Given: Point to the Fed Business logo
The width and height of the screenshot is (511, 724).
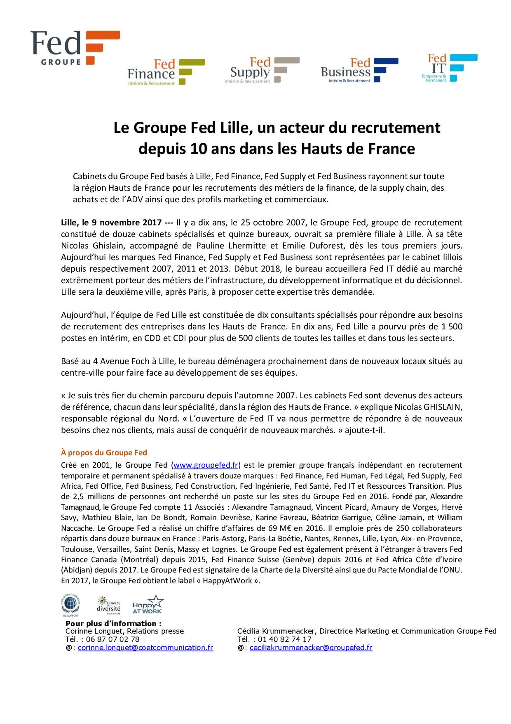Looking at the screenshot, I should point(359,70).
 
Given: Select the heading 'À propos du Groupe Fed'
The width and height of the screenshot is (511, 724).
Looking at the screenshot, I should point(104,453).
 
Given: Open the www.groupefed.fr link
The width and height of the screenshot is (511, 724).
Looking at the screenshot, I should point(206,465).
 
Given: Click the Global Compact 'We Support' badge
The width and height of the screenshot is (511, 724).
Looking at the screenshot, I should point(70,605).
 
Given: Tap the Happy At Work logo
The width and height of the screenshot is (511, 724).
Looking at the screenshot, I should point(147,605).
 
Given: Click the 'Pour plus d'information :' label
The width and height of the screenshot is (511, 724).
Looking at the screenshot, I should point(113,623).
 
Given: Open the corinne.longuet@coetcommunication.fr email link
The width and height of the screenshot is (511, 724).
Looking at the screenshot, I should point(145,648).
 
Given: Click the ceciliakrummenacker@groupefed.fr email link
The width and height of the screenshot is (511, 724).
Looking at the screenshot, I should point(311,648).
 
